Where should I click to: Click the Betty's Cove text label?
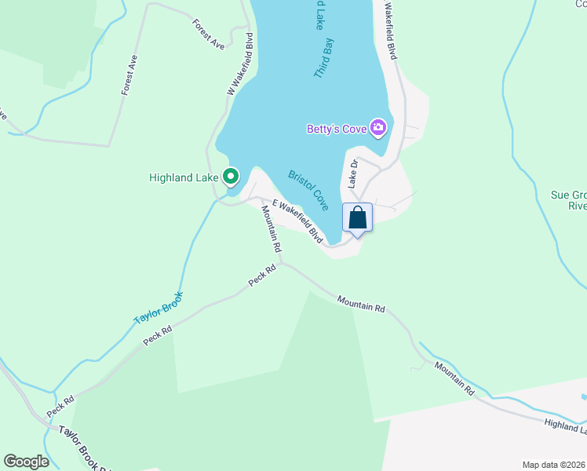[x=337, y=129]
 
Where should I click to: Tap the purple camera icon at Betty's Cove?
[x=379, y=127]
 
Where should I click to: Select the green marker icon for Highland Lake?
[x=231, y=177]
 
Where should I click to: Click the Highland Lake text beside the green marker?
[x=184, y=177]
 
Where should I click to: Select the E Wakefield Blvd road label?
[x=297, y=221]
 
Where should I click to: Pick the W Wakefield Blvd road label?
[x=239, y=64]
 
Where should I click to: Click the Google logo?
[x=26, y=461]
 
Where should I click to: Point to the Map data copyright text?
[x=553, y=465]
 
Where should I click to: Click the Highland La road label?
[x=566, y=424]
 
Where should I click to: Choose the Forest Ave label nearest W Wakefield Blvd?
[x=209, y=35]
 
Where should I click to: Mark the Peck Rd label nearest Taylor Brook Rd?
[x=60, y=406]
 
